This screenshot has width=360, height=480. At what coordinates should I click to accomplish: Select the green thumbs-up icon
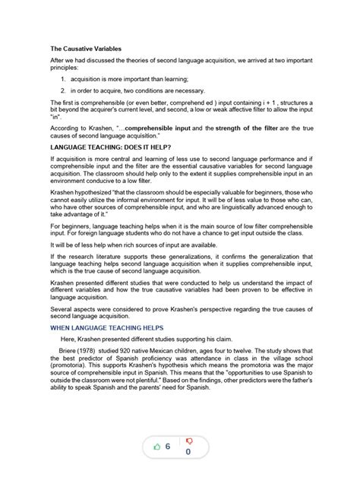point(157,448)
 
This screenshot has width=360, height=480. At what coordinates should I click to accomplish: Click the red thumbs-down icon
point(188,441)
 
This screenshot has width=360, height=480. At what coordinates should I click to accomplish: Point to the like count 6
point(167,448)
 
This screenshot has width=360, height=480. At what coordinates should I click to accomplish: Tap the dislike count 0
point(188,453)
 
